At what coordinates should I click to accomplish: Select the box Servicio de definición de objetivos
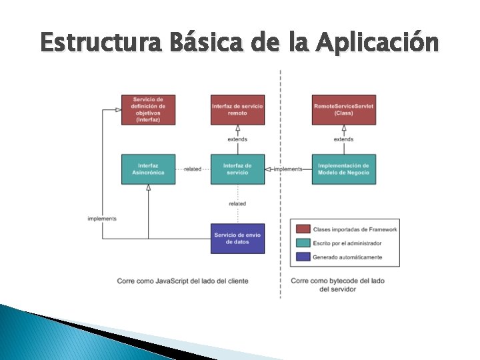click(x=148, y=109)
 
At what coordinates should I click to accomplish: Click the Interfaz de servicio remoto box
click(x=237, y=109)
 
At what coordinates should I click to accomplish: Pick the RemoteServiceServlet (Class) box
click(x=343, y=109)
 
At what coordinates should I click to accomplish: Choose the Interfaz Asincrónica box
click(x=148, y=169)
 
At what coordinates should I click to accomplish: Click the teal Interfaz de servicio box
click(x=237, y=169)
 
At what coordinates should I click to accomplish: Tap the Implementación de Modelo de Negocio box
click(x=343, y=169)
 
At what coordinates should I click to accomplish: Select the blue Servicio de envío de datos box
click(x=237, y=238)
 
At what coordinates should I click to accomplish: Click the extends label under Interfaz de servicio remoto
click(x=237, y=139)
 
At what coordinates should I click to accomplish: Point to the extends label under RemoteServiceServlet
click(x=343, y=139)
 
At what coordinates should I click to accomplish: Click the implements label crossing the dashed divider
click(x=287, y=169)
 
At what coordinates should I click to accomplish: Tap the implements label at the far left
click(x=102, y=219)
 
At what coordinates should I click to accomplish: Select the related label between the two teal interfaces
click(x=193, y=169)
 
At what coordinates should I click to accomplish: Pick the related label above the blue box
click(x=237, y=203)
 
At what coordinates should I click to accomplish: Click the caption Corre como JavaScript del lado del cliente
click(x=183, y=281)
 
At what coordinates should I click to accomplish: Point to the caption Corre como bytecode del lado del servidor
click(x=338, y=285)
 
